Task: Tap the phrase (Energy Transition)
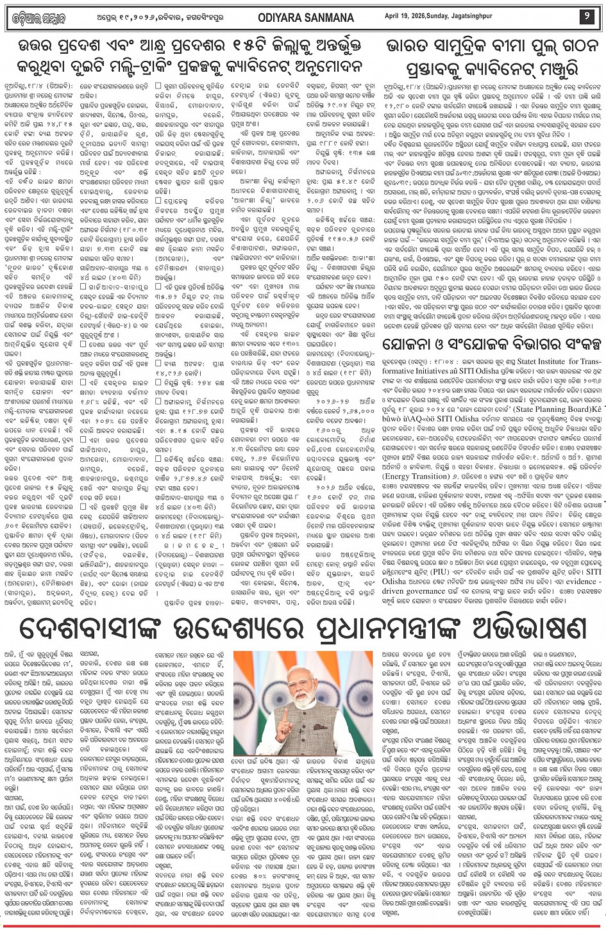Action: click(416, 494)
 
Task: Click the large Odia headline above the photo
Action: click(302, 630)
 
